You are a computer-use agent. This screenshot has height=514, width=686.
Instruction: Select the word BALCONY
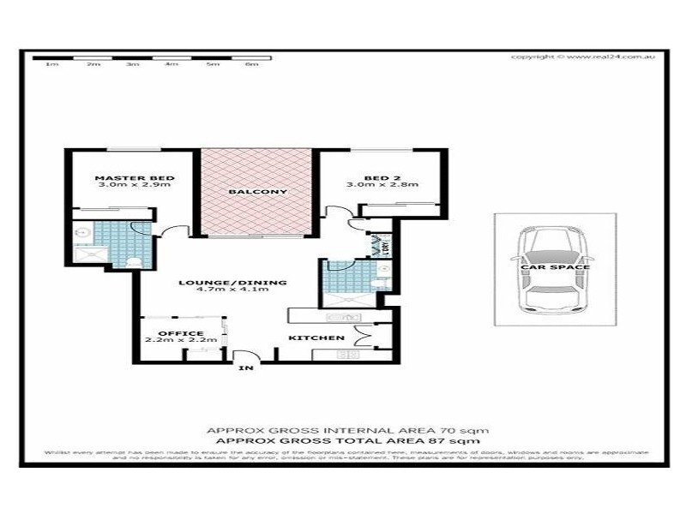256,192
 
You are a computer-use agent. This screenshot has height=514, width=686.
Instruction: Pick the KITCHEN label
316,338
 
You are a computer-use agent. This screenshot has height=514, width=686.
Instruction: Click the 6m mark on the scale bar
252,65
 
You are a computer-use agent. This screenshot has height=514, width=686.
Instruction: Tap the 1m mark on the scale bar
51,65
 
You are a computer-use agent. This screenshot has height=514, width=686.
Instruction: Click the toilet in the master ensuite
135,261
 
